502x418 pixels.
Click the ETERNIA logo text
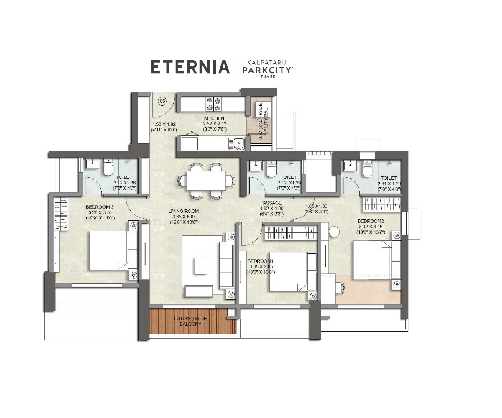pyautogui.click(x=190, y=67)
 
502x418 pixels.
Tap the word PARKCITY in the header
pyautogui.click(x=267, y=70)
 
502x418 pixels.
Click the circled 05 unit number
pyautogui.click(x=162, y=101)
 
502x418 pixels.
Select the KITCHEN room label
pyautogui.click(x=214, y=119)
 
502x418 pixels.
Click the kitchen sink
pyautogui.click(x=236, y=144)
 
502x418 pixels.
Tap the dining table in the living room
pyautogui.click(x=206, y=181)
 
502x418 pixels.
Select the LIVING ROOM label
pyautogui.click(x=183, y=211)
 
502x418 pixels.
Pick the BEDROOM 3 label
pyautogui.click(x=100, y=207)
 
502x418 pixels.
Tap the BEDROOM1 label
pyautogui.click(x=260, y=261)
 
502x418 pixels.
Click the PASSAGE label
pyautogui.click(x=271, y=203)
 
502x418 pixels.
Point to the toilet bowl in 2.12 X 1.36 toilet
pyautogui.click(x=108, y=168)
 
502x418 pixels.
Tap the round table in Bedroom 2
pyautogui.click(x=334, y=232)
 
